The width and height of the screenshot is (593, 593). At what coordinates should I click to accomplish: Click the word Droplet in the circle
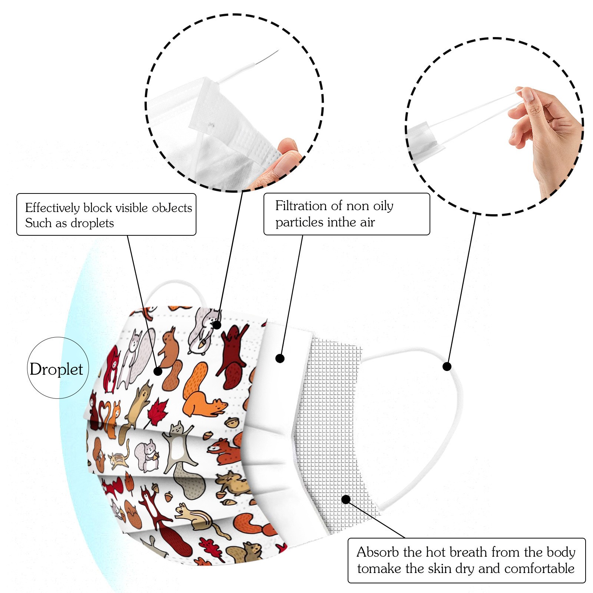pos(56,369)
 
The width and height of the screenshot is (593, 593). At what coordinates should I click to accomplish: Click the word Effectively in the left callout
pos(52,208)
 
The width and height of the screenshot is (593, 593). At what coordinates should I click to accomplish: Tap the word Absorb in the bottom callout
pos(378,552)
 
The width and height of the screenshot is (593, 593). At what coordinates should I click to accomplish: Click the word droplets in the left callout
pos(92,223)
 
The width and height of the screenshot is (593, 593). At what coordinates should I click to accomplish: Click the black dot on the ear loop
pos(447,367)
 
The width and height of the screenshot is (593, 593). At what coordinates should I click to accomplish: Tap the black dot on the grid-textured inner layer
pos(346,499)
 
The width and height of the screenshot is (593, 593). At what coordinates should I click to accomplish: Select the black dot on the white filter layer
pos(280,358)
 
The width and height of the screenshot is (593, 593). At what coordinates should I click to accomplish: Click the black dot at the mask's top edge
pos(217,325)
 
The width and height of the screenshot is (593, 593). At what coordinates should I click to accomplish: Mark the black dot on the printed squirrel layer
pos(158,371)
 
